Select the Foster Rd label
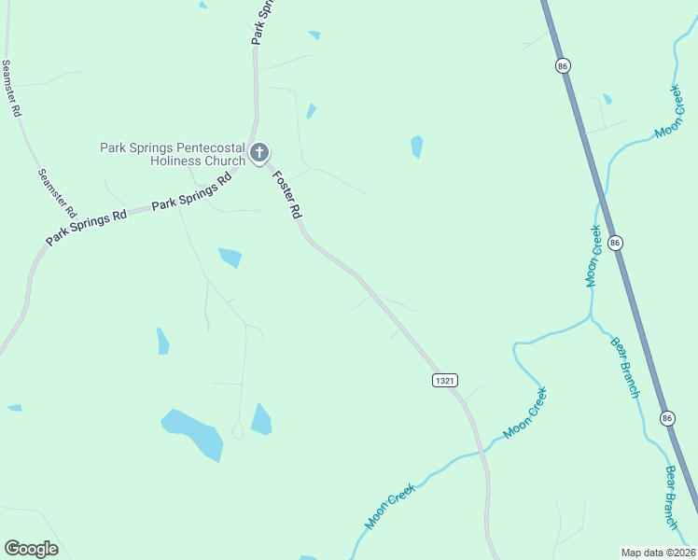(286, 194)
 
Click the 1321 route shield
(444, 380)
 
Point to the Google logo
(31, 549)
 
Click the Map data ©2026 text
(658, 553)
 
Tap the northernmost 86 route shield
(562, 65)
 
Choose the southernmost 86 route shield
(666, 418)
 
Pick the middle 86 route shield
(614, 243)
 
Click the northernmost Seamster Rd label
(10, 88)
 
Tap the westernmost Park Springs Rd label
(86, 228)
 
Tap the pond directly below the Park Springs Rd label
(230, 257)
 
